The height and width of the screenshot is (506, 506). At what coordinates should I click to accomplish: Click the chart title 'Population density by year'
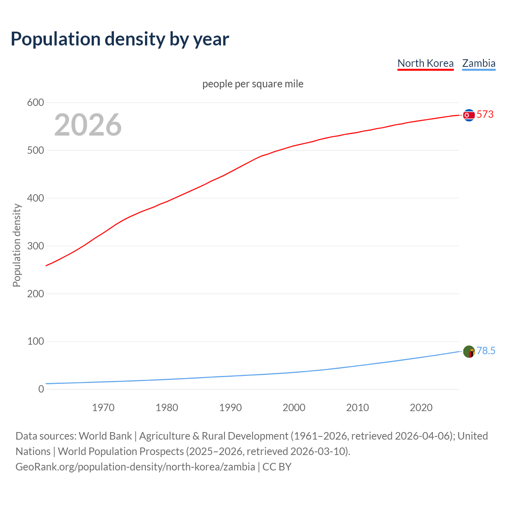pos(120,39)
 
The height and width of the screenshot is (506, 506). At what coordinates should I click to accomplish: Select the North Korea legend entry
pos(425,63)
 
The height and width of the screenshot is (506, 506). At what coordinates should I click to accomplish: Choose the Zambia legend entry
pos(479,63)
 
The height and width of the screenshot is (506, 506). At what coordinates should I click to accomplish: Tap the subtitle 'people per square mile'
pos(253,84)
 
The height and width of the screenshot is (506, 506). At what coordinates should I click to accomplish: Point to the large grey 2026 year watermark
pos(88,125)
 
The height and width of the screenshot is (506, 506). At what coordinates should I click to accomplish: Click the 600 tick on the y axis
pos(36,103)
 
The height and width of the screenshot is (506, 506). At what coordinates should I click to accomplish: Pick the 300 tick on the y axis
pos(36,246)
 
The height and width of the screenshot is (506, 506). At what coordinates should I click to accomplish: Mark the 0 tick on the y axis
pos(41,389)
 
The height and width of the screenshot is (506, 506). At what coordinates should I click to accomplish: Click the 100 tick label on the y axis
pos(36,341)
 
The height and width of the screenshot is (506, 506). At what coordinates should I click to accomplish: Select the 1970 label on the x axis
pos(103,408)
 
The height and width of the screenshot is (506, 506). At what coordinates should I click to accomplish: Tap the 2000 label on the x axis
pos(294,408)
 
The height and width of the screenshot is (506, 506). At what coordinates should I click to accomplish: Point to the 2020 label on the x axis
pos(421,408)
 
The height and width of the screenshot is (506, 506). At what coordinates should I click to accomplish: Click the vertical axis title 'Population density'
pos(17,245)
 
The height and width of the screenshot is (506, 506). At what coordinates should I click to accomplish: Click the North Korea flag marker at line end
pos(469,115)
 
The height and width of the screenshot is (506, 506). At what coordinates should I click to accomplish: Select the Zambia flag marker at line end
pos(469,351)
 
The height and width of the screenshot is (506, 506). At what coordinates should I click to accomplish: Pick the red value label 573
pos(485,115)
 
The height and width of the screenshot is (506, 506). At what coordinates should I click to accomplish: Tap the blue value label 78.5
pos(486,351)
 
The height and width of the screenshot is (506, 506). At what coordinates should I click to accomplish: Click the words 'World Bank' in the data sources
pos(105,436)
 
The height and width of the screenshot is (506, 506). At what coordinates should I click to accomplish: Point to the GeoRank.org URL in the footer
pos(135,467)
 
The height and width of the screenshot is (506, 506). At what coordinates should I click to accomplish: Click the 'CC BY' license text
pos(277,467)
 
